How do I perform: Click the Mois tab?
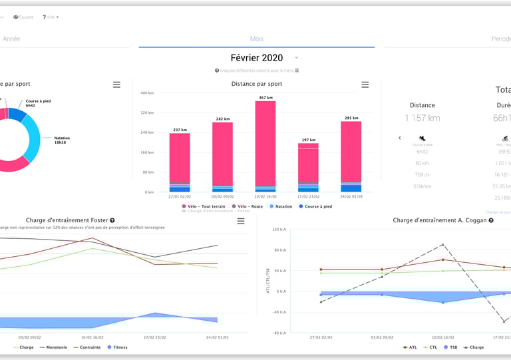click(x=256, y=39)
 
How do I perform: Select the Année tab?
click(x=11, y=39)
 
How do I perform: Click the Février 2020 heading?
click(x=257, y=59)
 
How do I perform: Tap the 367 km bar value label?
click(x=265, y=98)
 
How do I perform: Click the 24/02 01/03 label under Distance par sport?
click(x=351, y=196)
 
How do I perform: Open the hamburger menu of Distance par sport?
click(x=365, y=85)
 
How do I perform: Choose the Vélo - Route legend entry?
click(x=247, y=206)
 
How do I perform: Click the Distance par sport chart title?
click(x=257, y=85)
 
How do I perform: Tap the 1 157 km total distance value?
click(x=422, y=118)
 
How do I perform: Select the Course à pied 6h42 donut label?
click(x=39, y=103)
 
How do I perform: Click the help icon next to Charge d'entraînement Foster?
click(x=112, y=220)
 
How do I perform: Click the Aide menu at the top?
click(x=51, y=17)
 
